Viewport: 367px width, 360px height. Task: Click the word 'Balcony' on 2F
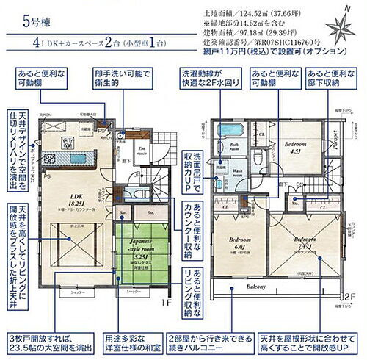pos(276,287)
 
